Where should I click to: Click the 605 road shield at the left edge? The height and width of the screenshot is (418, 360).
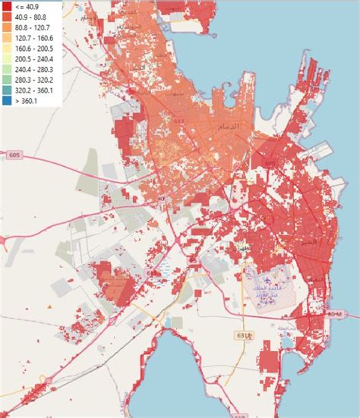[x=14, y=155]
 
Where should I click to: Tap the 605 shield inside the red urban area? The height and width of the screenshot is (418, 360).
[x=270, y=163]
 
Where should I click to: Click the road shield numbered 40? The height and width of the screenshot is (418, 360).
[x=161, y=199]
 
